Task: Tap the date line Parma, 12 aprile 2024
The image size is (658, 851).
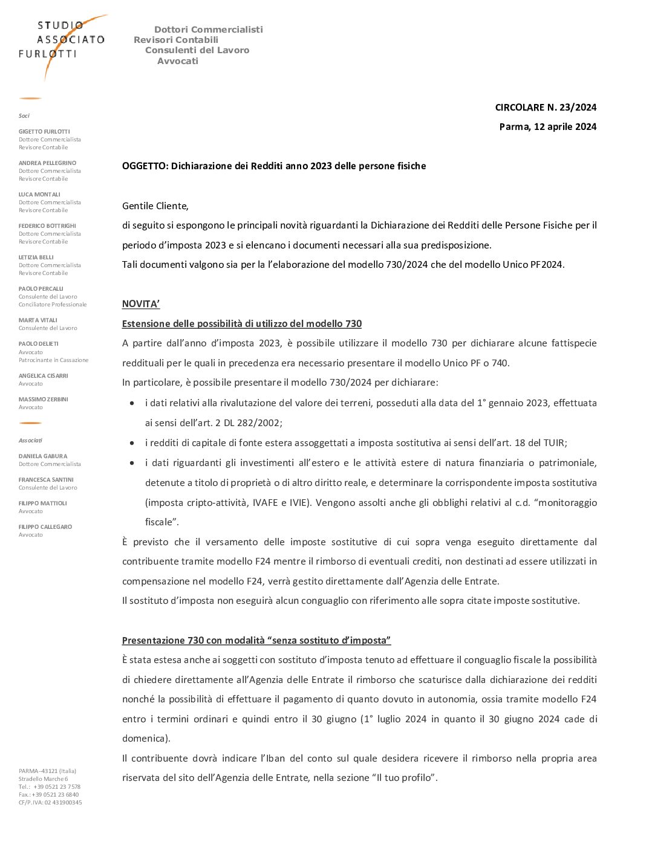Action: coord(547,127)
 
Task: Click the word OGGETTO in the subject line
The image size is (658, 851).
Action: coord(145,166)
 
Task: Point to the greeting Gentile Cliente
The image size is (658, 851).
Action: coord(155,206)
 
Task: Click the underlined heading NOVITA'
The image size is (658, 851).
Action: coord(141,304)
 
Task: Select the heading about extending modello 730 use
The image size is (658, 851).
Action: coord(242,324)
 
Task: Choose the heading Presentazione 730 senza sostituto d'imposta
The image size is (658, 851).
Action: coord(256,641)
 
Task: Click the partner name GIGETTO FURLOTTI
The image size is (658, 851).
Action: coord(44,132)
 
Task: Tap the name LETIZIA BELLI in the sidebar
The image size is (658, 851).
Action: coord(36,257)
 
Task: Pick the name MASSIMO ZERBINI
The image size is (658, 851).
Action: coord(44,400)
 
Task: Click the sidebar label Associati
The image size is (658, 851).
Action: coord(31,441)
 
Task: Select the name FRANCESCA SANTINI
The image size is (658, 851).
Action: coord(46,480)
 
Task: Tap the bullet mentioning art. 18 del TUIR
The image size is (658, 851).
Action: coord(356,443)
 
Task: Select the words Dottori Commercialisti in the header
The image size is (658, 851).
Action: coord(209,30)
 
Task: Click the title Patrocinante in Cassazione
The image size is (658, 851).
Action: coord(53,360)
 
